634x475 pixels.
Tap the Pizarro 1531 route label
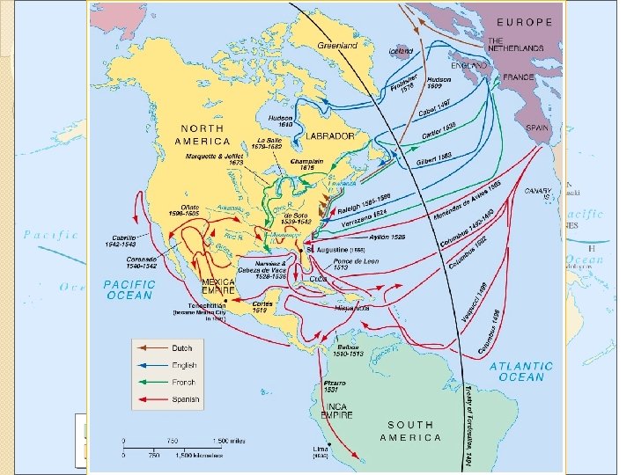pos(335,388)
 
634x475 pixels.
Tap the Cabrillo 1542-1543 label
pos(129,242)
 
